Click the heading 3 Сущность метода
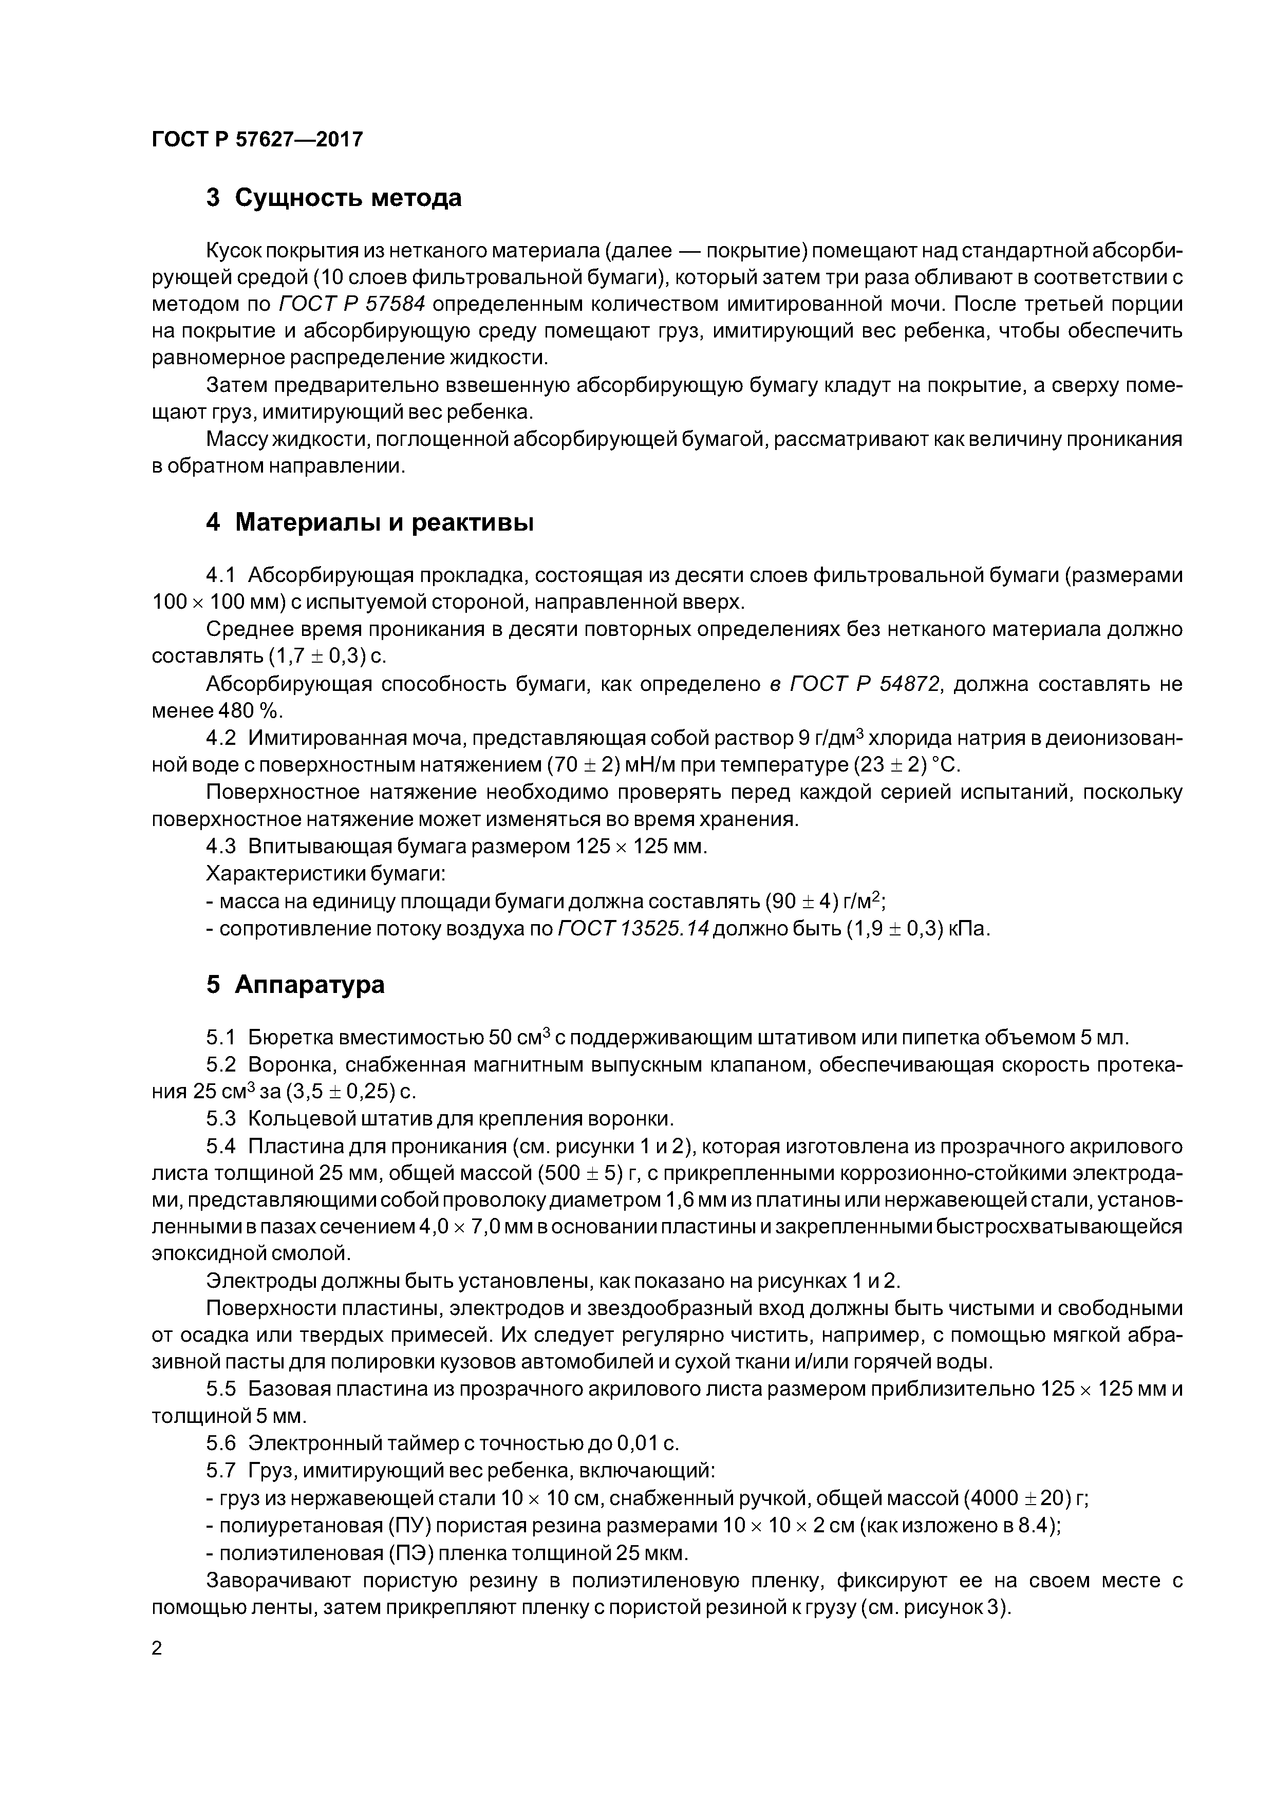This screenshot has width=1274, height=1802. (333, 198)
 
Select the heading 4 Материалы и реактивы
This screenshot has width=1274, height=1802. (369, 522)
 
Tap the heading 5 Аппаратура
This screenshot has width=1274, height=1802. (295, 984)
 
